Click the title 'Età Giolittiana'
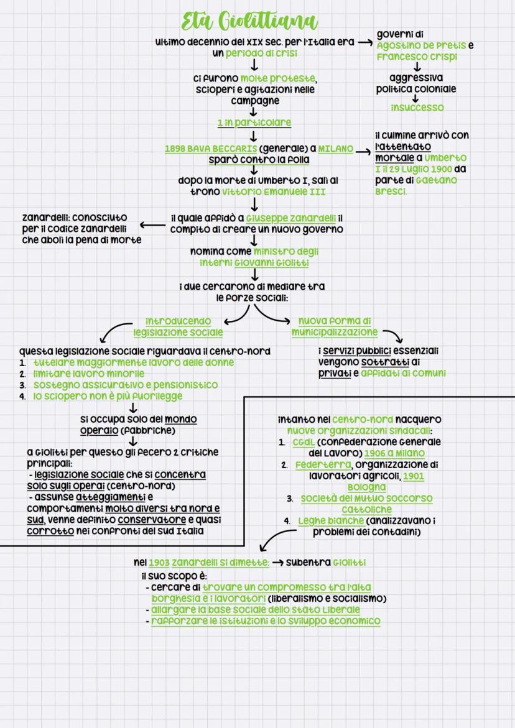pyautogui.click(x=249, y=22)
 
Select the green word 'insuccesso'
pyautogui.click(x=417, y=108)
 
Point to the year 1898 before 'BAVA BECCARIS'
pyautogui.click(x=175, y=149)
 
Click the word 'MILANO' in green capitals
pyautogui.click(x=335, y=149)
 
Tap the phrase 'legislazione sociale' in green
pyautogui.click(x=178, y=333)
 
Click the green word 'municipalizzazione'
pyautogui.click(x=333, y=333)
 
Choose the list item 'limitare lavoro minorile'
pyautogui.click(x=88, y=374)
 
